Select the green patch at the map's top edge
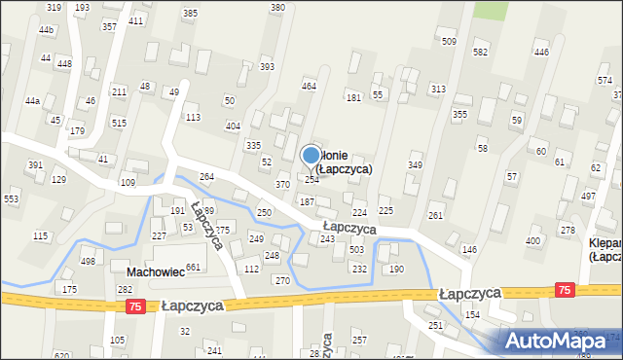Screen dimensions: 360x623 click(x=492, y=9)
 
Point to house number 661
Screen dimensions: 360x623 click(x=194, y=268)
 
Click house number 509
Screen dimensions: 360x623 click(x=449, y=41)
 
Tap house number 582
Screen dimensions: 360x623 click(x=480, y=52)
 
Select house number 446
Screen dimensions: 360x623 click(x=541, y=52)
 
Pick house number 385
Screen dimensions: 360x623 click(x=190, y=13)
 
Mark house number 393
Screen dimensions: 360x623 click(x=267, y=67)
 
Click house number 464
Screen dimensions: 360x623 click(x=309, y=87)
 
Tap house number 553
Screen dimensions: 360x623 click(x=12, y=198)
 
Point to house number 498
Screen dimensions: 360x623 click(x=88, y=261)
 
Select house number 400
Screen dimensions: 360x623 click(x=532, y=240)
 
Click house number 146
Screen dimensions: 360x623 click(x=469, y=250)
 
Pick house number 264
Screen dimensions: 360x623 click(x=206, y=176)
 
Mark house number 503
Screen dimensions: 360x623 click(x=356, y=250)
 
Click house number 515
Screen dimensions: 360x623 click(x=119, y=123)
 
